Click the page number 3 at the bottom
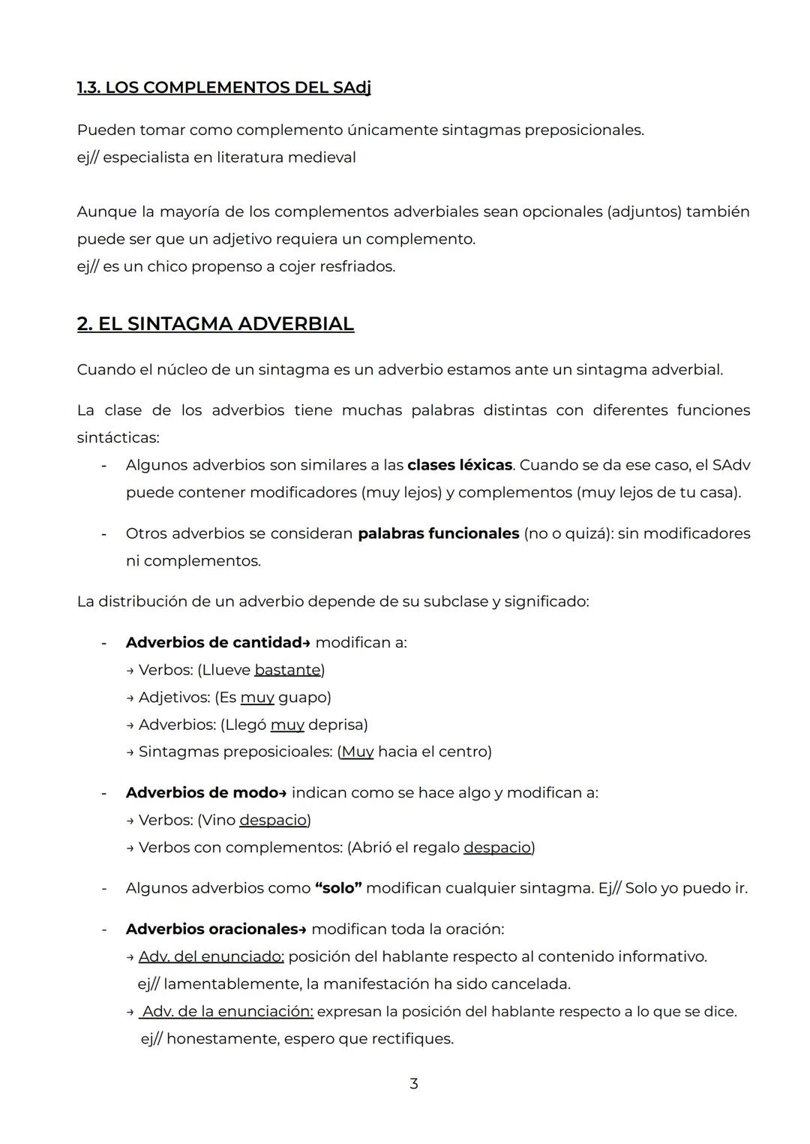pyautogui.click(x=413, y=1083)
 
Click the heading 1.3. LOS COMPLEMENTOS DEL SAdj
pyautogui.click(x=223, y=88)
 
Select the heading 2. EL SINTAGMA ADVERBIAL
pyautogui.click(x=215, y=324)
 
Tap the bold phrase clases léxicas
pyautogui.click(x=459, y=465)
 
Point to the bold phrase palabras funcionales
pyautogui.click(x=438, y=533)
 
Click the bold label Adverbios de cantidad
pyautogui.click(x=213, y=643)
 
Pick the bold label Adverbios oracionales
pyautogui.click(x=211, y=929)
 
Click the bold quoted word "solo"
pyautogui.click(x=338, y=888)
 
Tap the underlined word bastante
pyautogui.click(x=287, y=670)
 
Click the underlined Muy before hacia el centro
pyautogui.click(x=357, y=752)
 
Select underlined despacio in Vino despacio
pyautogui.click(x=273, y=820)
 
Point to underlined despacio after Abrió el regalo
pyautogui.click(x=497, y=848)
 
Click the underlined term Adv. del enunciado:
pyautogui.click(x=211, y=956)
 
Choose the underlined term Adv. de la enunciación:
pyautogui.click(x=226, y=1011)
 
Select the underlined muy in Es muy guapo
pyautogui.click(x=257, y=698)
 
